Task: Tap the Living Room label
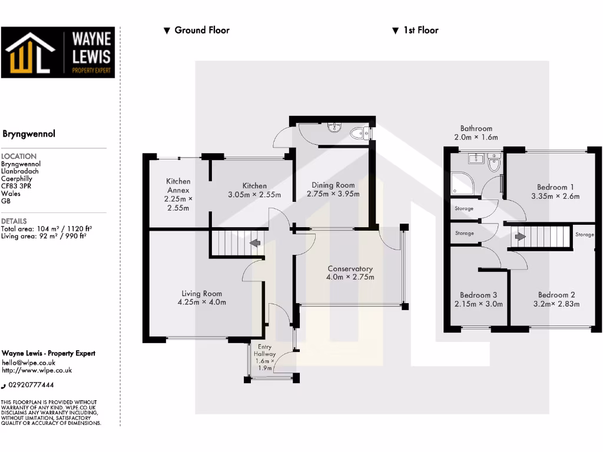click(x=201, y=294)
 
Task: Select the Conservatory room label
click(x=350, y=269)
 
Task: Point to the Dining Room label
click(x=333, y=185)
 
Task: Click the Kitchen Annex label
click(x=178, y=185)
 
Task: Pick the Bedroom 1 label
click(x=555, y=187)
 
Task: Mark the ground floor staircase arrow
click(x=256, y=242)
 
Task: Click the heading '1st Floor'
click(x=420, y=30)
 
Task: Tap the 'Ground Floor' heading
click(x=202, y=30)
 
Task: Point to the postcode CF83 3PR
click(x=16, y=186)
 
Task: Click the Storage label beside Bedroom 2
click(x=585, y=235)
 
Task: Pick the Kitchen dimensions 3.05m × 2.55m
click(x=253, y=195)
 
